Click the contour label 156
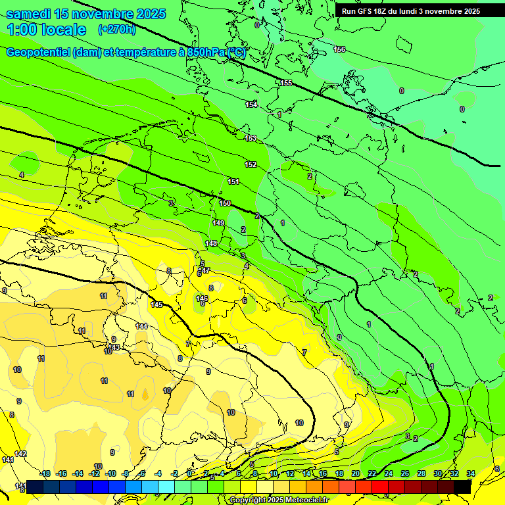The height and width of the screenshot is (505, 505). [x=339, y=50]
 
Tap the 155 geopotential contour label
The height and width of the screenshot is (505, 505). [x=286, y=83]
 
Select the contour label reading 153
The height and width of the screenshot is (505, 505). [x=251, y=138]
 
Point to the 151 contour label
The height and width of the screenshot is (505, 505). [x=233, y=181]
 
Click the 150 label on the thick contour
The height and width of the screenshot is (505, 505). [x=225, y=204]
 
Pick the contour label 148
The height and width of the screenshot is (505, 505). [x=211, y=244]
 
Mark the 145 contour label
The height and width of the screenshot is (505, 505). [x=156, y=304]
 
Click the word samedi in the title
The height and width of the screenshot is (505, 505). [x=32, y=14]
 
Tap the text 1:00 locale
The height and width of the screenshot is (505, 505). [x=47, y=30]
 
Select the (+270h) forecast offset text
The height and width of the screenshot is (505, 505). [x=117, y=30]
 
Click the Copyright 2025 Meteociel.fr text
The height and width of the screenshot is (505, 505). [x=279, y=500]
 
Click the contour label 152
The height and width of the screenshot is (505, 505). [x=251, y=164]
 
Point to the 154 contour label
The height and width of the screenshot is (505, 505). [x=251, y=105]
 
